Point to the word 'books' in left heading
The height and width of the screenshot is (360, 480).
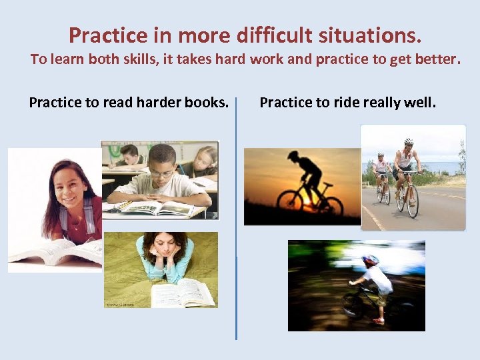(205, 103)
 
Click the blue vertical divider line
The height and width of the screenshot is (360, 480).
(236, 220)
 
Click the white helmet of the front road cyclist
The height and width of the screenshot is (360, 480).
(409, 141)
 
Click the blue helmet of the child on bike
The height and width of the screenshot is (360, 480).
(370, 259)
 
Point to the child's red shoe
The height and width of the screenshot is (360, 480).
(379, 321)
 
